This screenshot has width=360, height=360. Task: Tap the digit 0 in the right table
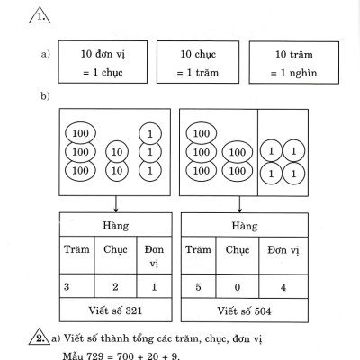pos(235,285)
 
